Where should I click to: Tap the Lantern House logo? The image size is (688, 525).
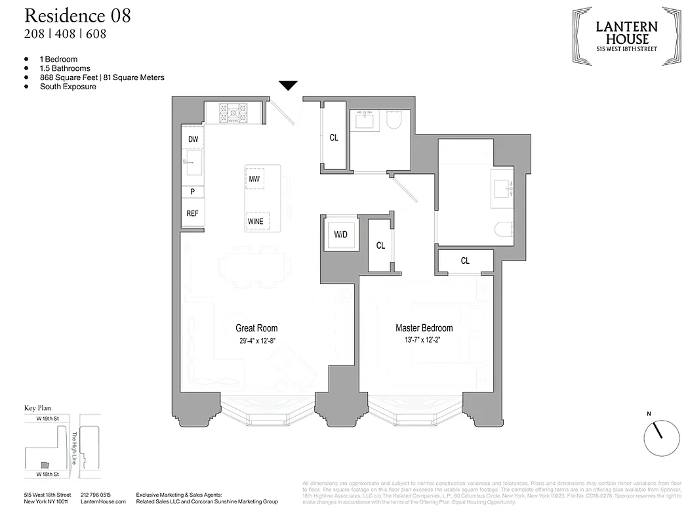[x=626, y=35]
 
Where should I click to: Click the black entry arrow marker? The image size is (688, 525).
[x=289, y=85]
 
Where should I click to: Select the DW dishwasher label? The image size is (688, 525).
[x=193, y=140]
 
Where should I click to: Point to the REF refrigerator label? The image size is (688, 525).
[x=192, y=213]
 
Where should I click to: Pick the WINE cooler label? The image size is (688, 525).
[x=255, y=221]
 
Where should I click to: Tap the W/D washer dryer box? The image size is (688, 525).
[x=340, y=233]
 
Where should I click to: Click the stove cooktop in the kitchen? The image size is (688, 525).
[x=233, y=112]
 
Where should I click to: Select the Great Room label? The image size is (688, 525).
[x=256, y=328]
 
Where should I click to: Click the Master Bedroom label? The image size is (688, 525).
[x=424, y=328]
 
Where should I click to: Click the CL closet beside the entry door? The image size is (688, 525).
[x=334, y=138]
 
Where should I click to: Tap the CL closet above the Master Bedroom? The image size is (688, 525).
[x=465, y=261]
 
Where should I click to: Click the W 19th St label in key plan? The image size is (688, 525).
[x=48, y=418]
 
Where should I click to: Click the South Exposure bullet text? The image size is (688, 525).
[x=68, y=87]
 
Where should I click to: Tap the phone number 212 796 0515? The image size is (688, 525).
[x=95, y=495]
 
